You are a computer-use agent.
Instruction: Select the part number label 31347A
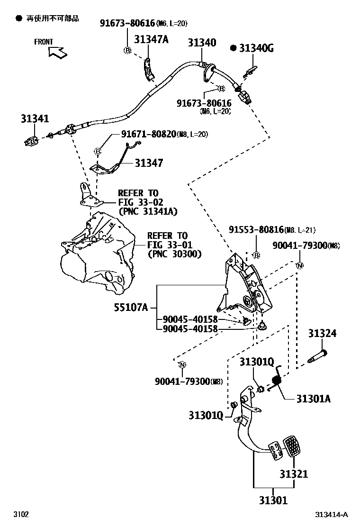click(x=151, y=40)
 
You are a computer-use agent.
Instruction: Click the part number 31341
click(x=35, y=119)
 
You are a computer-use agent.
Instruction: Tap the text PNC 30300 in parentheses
click(x=174, y=254)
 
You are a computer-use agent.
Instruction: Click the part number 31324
click(x=323, y=334)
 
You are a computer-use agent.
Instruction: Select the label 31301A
click(x=314, y=399)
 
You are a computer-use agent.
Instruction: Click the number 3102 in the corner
click(x=21, y=515)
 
